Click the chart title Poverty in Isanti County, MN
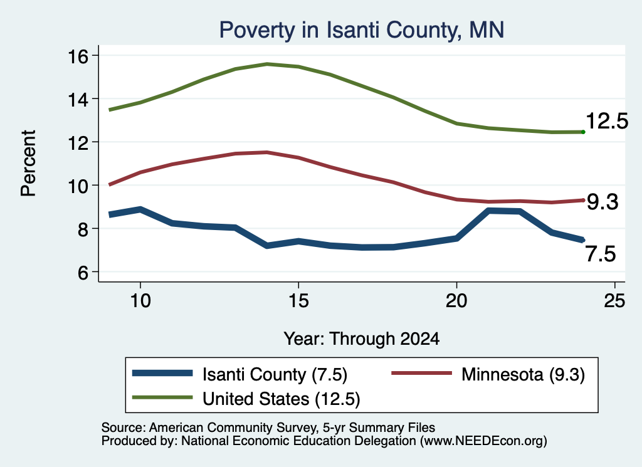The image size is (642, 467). tap(362, 30)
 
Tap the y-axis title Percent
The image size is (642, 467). tap(28, 164)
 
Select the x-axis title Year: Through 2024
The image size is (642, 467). tap(362, 339)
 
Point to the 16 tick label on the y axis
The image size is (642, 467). tap(78, 56)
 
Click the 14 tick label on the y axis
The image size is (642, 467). tap(78, 100)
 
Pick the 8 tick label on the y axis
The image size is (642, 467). tap(83, 229)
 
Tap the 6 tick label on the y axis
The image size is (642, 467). tap(83, 273)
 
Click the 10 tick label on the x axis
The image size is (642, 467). tap(140, 301)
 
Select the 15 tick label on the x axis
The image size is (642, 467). tap(298, 301)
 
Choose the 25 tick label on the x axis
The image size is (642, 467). tap(614, 301)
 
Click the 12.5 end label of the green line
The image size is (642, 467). tap(607, 121)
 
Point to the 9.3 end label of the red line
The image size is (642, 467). tap(603, 202)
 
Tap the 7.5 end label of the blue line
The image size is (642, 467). tap(601, 254)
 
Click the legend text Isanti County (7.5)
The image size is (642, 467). tap(275, 374)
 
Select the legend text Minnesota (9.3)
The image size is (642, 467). tap(523, 374)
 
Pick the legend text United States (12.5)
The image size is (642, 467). tap(282, 399)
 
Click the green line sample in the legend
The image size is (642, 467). tap(162, 397)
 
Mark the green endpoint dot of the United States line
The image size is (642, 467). tap(583, 132)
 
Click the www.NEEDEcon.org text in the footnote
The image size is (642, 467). tap(483, 441)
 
